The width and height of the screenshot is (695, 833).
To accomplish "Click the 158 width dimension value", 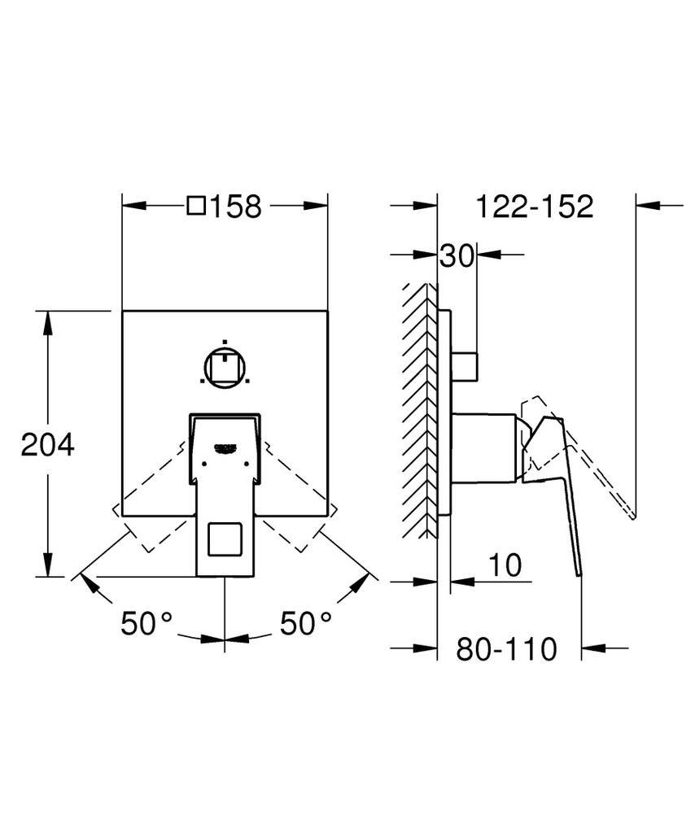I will pos(237,207).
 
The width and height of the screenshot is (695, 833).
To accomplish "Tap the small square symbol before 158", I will pos(196,207).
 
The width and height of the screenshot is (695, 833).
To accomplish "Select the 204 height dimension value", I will pos(47,444).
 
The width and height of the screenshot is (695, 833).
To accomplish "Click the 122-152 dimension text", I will pos(535,207).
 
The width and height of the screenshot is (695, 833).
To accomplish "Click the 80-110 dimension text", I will pos(506,649).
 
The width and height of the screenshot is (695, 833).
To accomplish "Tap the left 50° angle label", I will pos(147,624).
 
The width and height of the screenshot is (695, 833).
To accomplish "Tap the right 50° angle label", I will pos(306,624).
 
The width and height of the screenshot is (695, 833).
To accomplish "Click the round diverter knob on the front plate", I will pos(225,367).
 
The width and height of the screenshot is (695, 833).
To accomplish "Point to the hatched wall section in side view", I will pos(418,411).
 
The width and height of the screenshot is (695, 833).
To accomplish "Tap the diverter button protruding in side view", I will pos(465,366).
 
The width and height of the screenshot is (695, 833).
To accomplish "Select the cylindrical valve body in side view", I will pos(483,448).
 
